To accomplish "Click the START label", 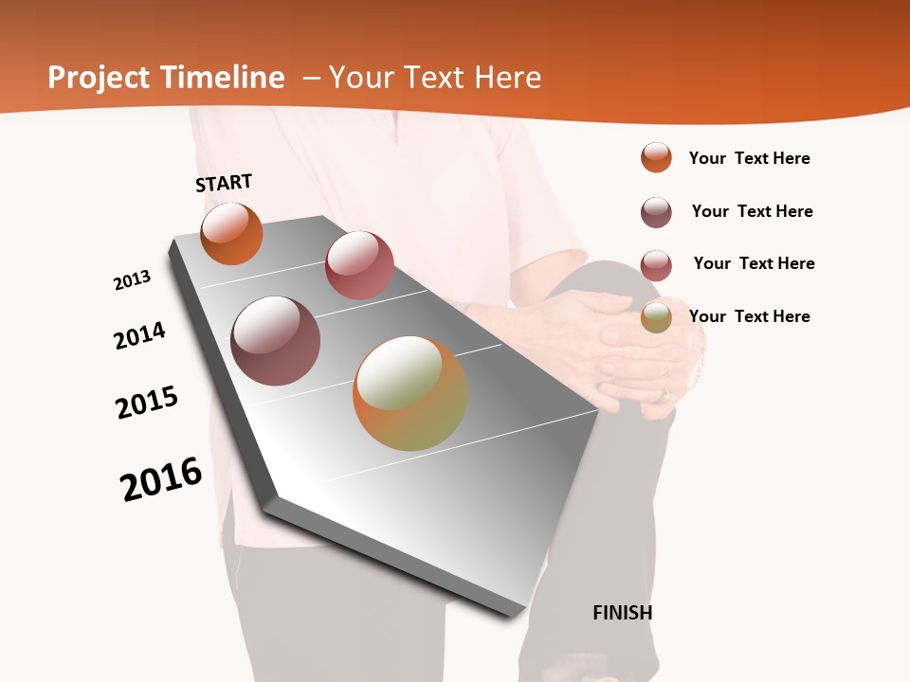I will point(224,183).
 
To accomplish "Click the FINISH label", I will point(622,613).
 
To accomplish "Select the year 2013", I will point(132,280).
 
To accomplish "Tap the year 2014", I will point(139,335).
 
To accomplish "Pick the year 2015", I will point(147,402).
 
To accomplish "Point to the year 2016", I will point(161,479).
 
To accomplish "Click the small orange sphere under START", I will point(231,233).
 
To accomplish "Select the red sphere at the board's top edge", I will point(359,264).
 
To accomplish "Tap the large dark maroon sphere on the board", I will point(275,340).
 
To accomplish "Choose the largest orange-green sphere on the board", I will point(410,393).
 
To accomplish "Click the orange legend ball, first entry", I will point(656,158).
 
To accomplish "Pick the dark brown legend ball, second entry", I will point(656,212).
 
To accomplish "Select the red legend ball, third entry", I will point(656,264).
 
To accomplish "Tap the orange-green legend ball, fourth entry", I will point(656,316).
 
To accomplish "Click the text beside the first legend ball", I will point(749,158).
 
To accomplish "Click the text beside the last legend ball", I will point(749,316).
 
